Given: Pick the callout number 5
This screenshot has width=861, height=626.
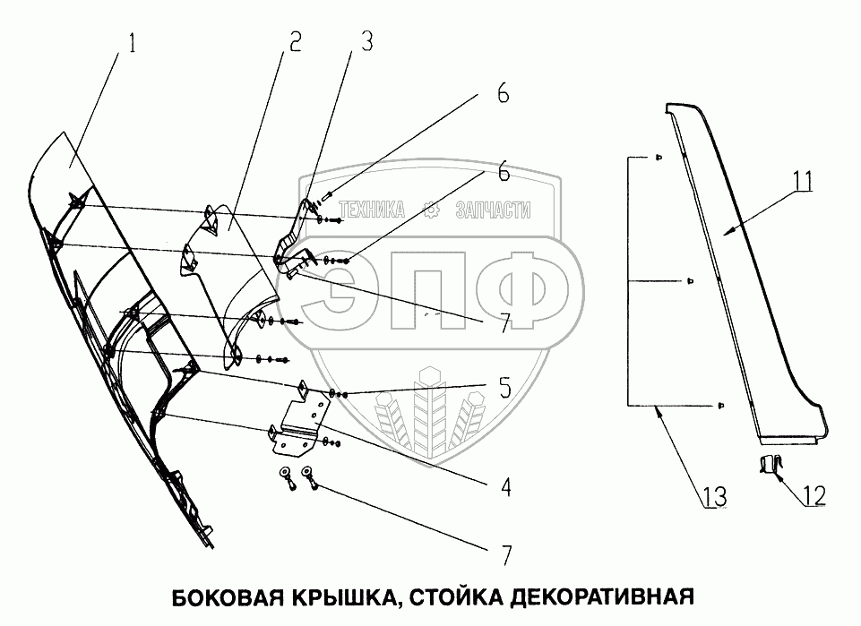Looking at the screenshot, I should point(504,389).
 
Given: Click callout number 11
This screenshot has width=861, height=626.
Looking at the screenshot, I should point(801,181).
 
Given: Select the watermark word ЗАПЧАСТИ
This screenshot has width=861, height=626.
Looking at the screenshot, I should point(493,210).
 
